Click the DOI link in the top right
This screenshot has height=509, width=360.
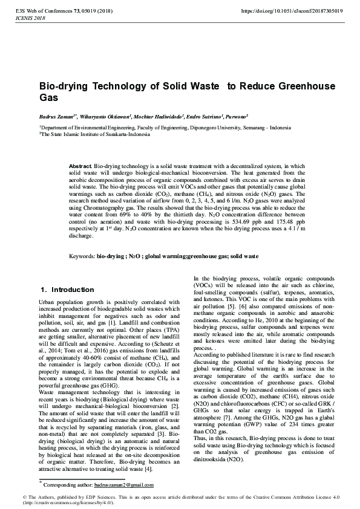tap(292, 11)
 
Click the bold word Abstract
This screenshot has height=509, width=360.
tap(80, 166)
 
